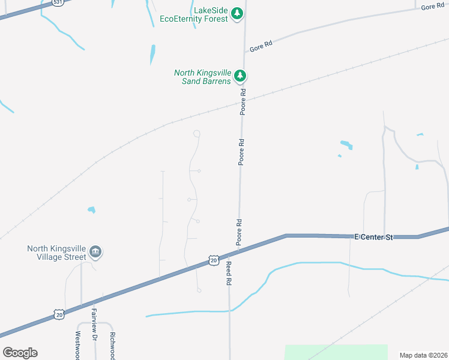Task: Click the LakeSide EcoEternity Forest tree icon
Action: coord(237,13)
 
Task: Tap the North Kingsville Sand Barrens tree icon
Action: coord(240,76)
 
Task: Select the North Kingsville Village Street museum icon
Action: coord(95,251)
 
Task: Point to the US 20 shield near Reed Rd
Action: coord(214,260)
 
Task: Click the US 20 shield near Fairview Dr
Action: coord(58,314)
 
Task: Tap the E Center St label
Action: coord(373,238)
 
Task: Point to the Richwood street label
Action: coord(112,345)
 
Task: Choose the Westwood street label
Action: coord(77,346)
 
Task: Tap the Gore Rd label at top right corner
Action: coord(432,7)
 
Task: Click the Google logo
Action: coord(20,352)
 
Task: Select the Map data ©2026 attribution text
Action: coord(423,355)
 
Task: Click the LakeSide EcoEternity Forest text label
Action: coord(194,14)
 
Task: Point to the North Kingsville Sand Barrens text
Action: coord(202,77)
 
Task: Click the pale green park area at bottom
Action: coord(336,352)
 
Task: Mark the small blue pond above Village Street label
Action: coord(91,210)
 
